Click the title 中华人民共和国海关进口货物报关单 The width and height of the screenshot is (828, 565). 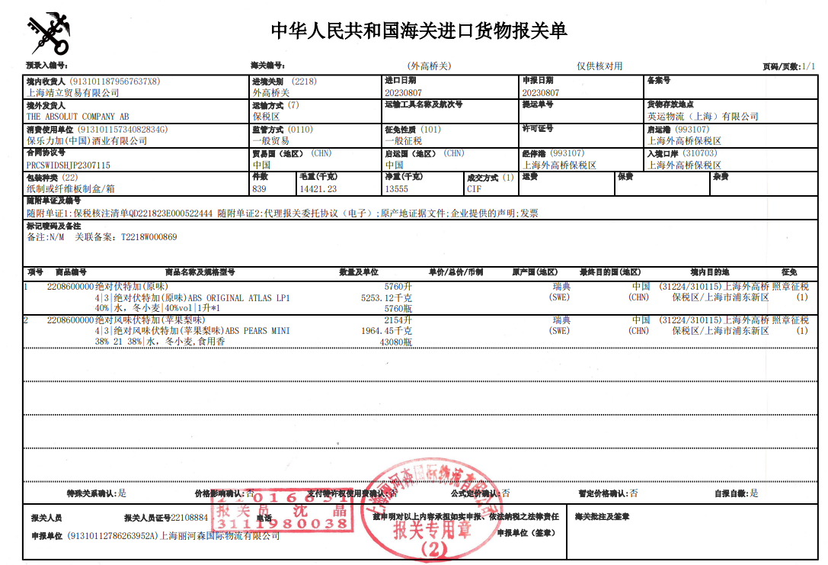click(419, 30)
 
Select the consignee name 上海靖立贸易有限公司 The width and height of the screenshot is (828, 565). click(73, 93)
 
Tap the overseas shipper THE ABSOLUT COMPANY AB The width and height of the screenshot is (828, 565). click(78, 117)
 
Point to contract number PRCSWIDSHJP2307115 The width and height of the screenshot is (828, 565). click(69, 165)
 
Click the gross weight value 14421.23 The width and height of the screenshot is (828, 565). click(318, 189)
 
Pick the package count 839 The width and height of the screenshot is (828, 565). click(260, 189)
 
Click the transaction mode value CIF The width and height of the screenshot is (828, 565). click(475, 189)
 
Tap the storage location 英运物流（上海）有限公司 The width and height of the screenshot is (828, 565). click(702, 117)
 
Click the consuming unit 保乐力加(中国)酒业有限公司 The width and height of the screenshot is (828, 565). click(87, 141)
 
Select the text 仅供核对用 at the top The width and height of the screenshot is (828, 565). click(599, 66)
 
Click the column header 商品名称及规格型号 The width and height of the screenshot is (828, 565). click(200, 272)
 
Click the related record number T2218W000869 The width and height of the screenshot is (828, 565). click(149, 237)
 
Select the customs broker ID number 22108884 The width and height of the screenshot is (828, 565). click(190, 517)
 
